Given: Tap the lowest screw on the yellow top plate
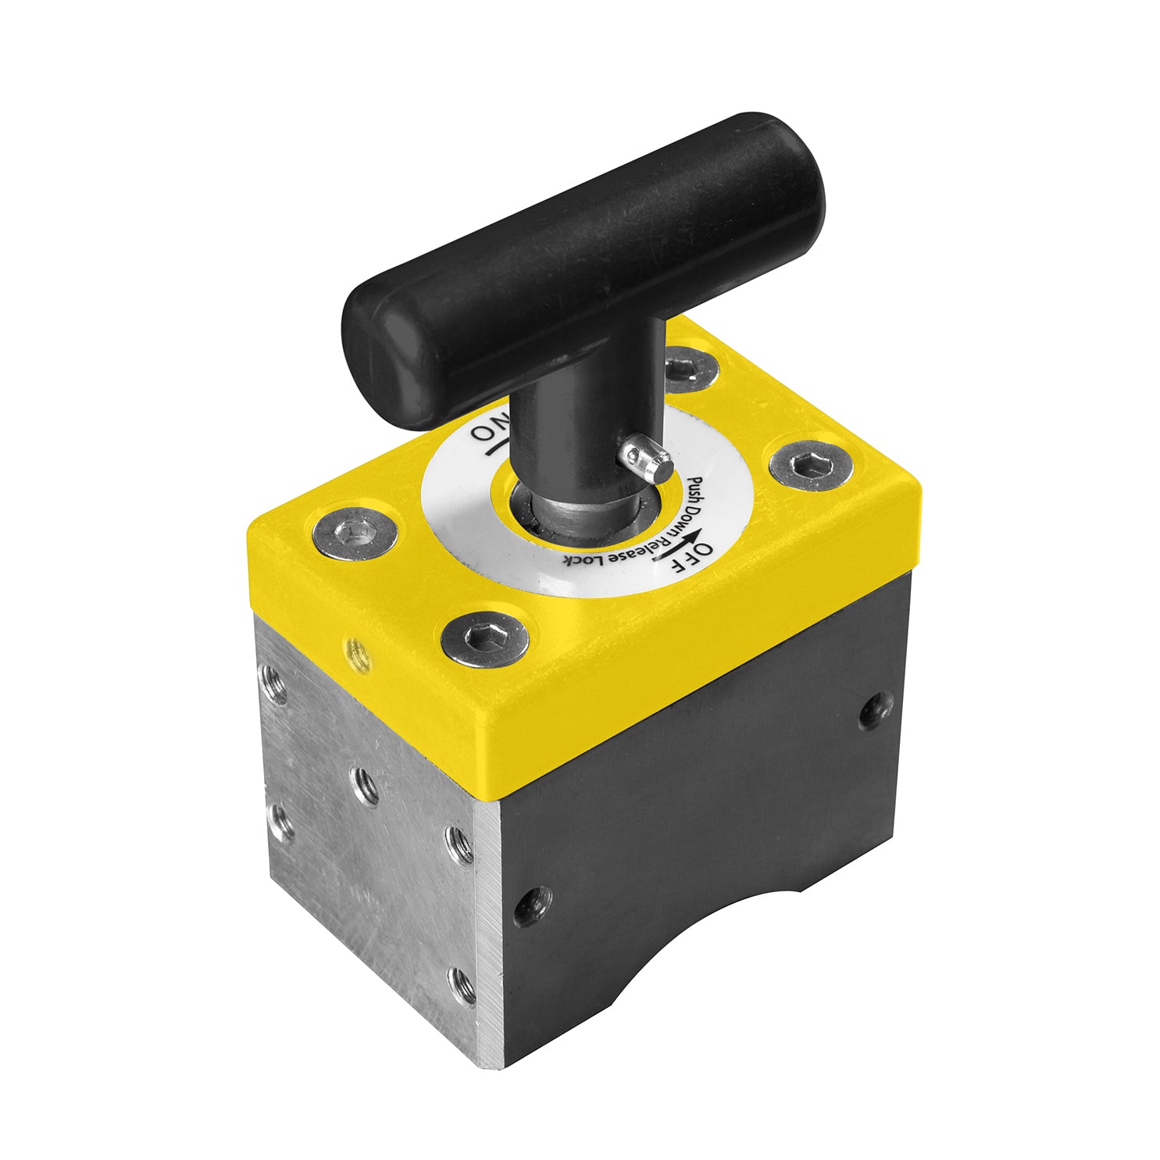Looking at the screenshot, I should pos(484,639).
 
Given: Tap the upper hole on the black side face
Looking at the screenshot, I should pos(875,710).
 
